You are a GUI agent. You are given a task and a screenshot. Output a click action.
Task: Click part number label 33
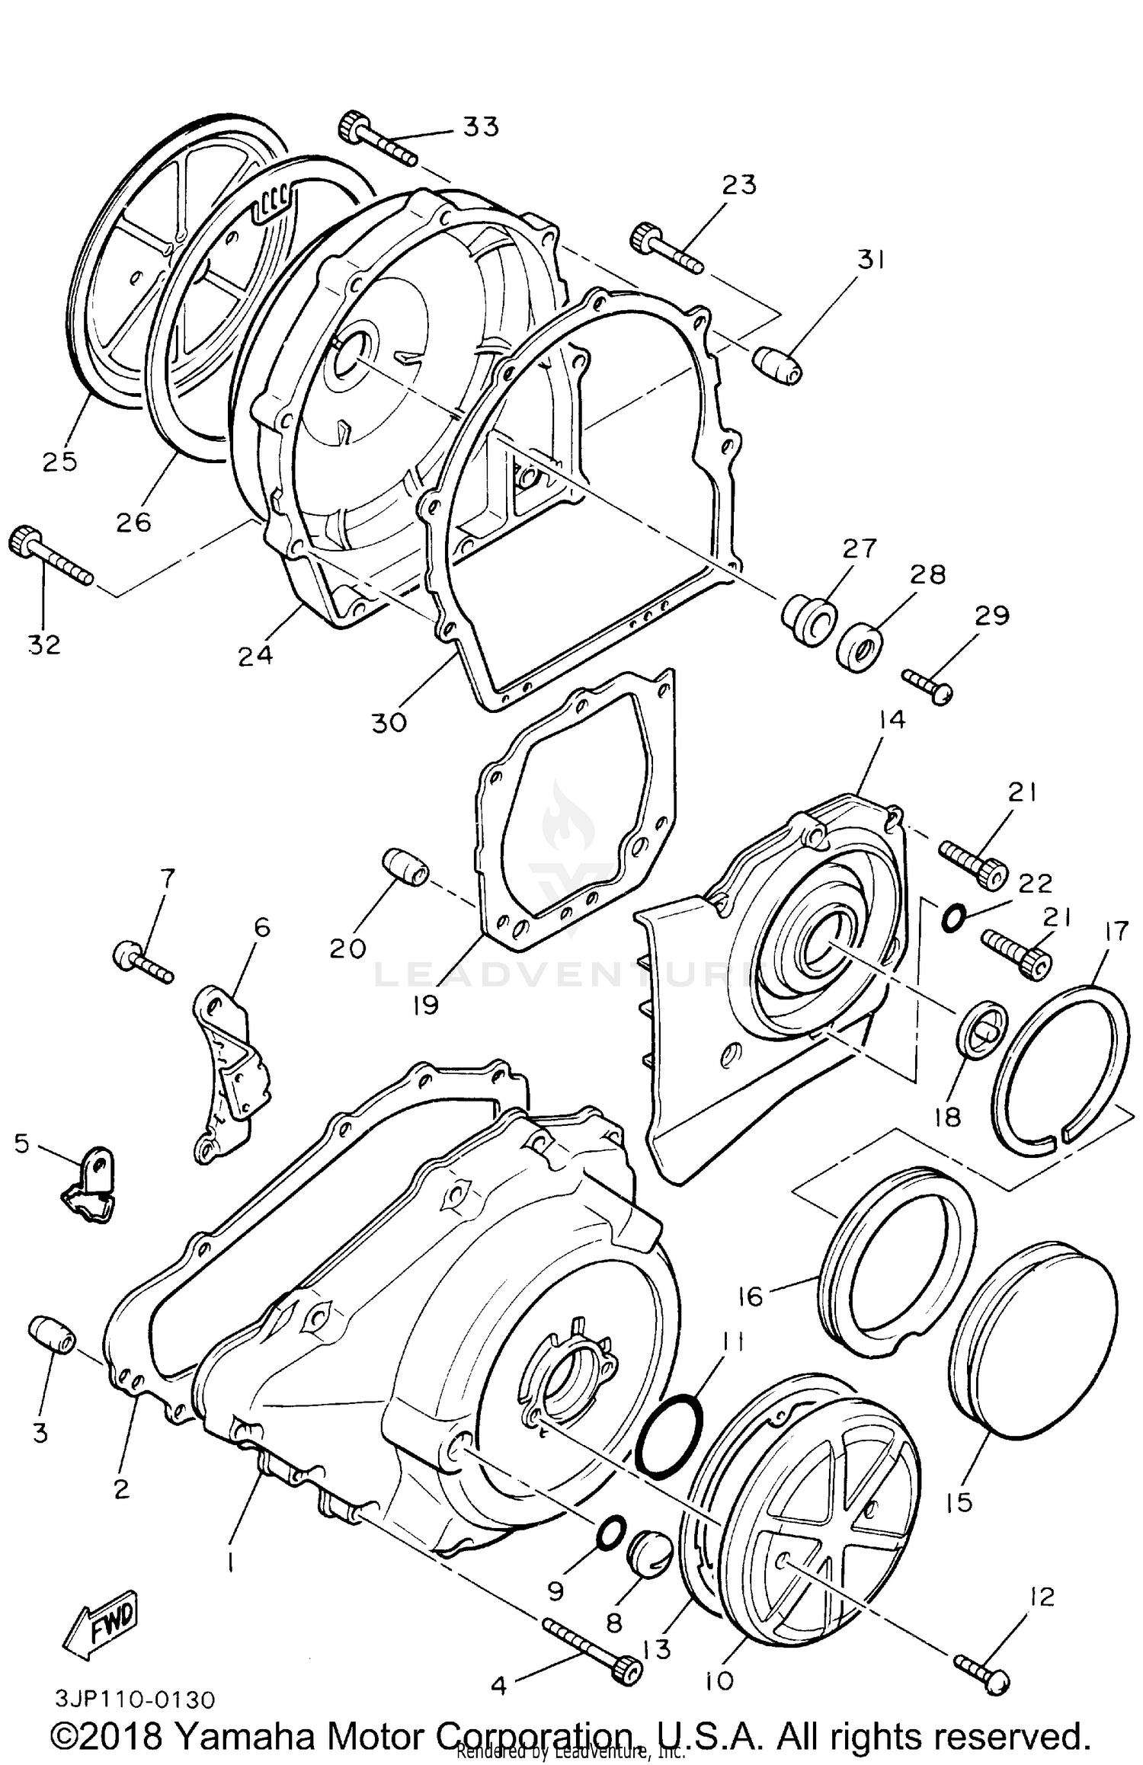[x=481, y=126]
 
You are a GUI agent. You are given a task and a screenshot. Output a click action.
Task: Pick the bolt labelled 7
[x=142, y=961]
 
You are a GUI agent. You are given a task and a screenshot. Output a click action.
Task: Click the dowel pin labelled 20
[x=405, y=868]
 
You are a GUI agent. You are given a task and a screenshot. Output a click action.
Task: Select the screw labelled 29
[x=927, y=683]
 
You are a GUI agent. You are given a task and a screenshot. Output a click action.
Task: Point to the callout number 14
[x=891, y=720]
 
